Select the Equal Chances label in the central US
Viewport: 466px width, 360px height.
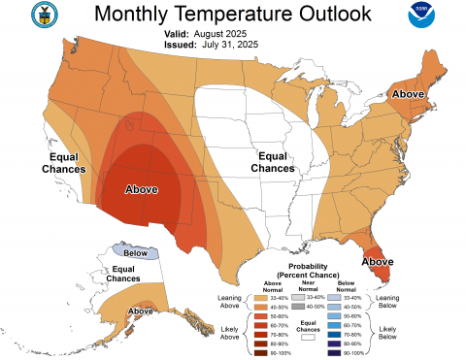(273, 162)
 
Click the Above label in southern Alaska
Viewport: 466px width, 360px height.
(141, 311)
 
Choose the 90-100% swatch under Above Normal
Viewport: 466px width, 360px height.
(258, 353)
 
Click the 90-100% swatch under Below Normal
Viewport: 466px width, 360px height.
(334, 353)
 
